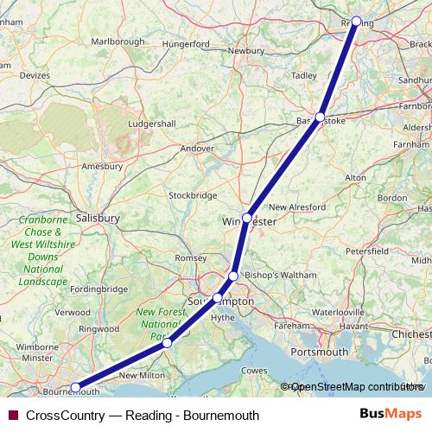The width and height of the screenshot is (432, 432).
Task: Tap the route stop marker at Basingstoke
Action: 321,117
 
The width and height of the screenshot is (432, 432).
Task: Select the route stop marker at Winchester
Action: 247,218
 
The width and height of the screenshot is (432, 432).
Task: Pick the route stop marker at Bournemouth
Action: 76,388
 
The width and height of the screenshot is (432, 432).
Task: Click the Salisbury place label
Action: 98,219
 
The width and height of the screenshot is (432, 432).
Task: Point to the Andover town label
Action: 197,149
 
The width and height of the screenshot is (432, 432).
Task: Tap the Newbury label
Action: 245,51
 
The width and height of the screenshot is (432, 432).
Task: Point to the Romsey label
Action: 191,258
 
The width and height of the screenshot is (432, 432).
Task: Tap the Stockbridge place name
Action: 193,195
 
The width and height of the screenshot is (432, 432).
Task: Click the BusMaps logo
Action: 391,415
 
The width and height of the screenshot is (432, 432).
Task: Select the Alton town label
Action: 356,177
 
